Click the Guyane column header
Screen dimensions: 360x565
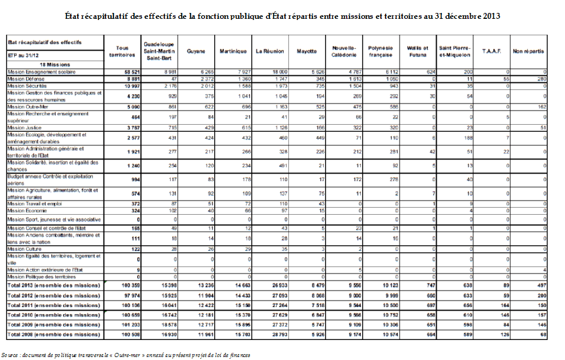click(196, 52)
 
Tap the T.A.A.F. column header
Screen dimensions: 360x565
click(491, 52)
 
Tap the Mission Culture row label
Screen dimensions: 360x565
click(24, 249)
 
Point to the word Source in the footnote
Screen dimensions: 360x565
click(10, 355)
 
